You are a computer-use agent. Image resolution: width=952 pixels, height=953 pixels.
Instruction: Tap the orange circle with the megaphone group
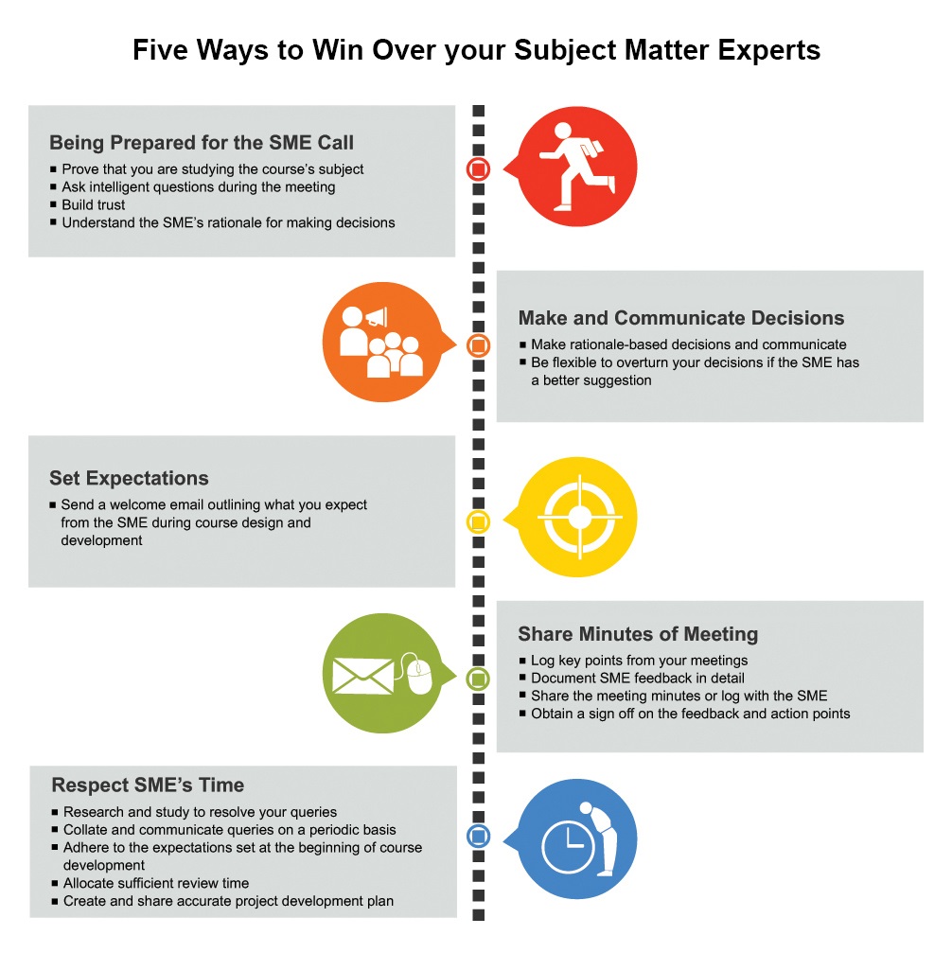pyautogui.click(x=380, y=342)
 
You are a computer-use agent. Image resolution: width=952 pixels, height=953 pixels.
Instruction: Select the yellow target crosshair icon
pyautogui.click(x=577, y=518)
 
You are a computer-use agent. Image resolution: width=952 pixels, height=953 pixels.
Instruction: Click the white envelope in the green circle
pyautogui.click(x=362, y=674)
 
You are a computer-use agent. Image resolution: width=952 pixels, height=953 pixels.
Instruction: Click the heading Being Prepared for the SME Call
pyautogui.click(x=202, y=143)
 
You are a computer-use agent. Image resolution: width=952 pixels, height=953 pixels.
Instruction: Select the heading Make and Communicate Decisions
pyautogui.click(x=681, y=318)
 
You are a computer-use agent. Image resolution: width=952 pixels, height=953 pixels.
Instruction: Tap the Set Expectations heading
pyautogui.click(x=129, y=478)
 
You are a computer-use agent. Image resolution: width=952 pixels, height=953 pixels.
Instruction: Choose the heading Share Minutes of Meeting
pyautogui.click(x=638, y=634)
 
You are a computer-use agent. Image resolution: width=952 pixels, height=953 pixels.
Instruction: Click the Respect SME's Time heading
pyautogui.click(x=148, y=785)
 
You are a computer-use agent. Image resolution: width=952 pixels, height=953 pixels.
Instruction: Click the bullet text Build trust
pyautogui.click(x=94, y=204)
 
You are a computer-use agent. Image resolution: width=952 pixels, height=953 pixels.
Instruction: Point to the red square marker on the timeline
pyautogui.click(x=479, y=169)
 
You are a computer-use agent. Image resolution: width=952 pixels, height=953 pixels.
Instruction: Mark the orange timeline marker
pyautogui.click(x=479, y=345)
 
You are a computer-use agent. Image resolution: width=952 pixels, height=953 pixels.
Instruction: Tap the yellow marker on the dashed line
pyautogui.click(x=479, y=521)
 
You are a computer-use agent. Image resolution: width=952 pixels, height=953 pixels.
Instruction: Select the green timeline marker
pyautogui.click(x=479, y=678)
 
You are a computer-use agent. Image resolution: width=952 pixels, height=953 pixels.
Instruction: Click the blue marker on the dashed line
pyautogui.click(x=479, y=837)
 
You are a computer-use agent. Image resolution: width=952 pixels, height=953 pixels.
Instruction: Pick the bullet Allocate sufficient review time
pyautogui.click(x=156, y=883)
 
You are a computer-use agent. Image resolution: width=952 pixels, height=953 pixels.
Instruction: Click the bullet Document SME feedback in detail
pyautogui.click(x=638, y=678)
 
